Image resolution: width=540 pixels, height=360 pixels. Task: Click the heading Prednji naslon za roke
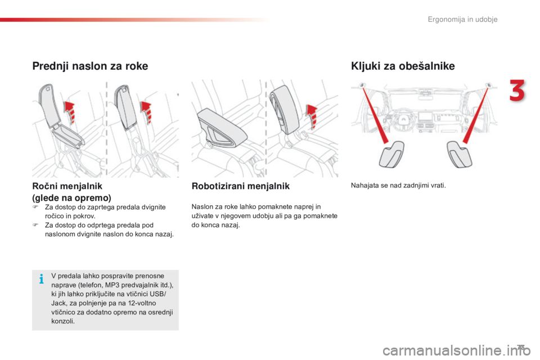[x=90, y=66]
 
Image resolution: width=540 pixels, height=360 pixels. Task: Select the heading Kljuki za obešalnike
[x=402, y=66]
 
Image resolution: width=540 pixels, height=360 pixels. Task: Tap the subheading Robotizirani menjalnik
[x=241, y=186]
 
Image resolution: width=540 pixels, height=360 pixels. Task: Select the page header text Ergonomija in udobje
[x=462, y=20]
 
